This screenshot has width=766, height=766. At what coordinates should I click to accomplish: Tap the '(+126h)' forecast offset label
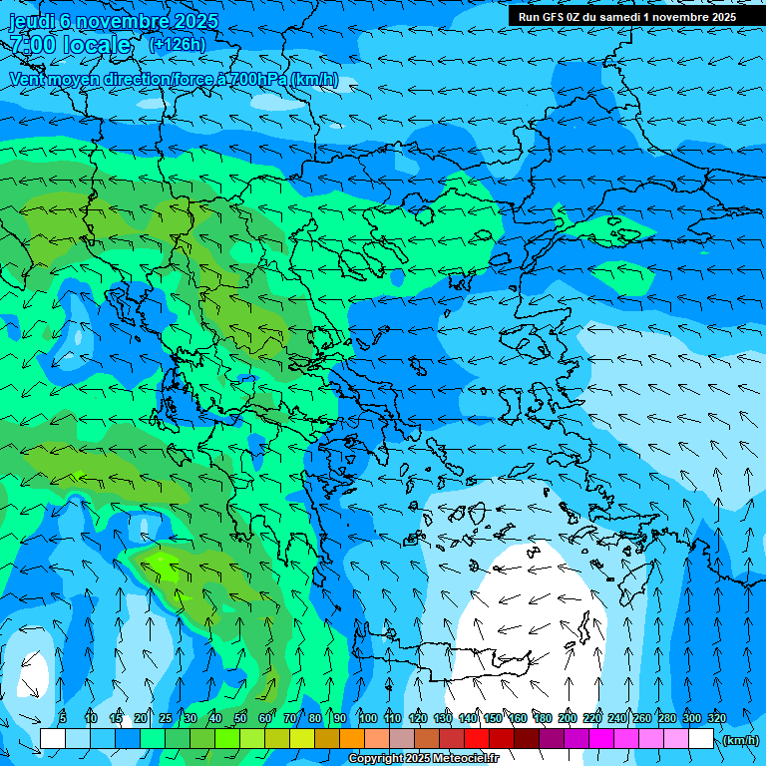[177, 44]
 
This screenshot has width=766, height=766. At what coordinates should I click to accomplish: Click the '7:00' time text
[32, 45]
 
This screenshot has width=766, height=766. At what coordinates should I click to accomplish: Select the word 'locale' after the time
[97, 45]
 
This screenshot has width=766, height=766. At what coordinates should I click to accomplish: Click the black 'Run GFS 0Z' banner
[626, 16]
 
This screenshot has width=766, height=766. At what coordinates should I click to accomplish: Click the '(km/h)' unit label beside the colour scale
[739, 739]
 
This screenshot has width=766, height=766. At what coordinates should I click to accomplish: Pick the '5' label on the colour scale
[63, 718]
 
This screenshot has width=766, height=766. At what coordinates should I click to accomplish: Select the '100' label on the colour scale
[367, 718]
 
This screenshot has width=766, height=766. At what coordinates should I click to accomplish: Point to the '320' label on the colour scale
[716, 718]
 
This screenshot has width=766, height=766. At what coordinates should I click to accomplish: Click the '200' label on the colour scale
[567, 718]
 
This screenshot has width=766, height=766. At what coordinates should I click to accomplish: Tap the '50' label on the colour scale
[240, 718]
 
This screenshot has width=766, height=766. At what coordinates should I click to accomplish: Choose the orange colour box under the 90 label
[351, 739]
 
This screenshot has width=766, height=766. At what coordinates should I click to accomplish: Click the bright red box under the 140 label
[476, 739]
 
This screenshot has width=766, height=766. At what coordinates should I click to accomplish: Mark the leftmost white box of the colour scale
[53, 739]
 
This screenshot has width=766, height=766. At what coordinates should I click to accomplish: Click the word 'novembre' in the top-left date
[116, 21]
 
